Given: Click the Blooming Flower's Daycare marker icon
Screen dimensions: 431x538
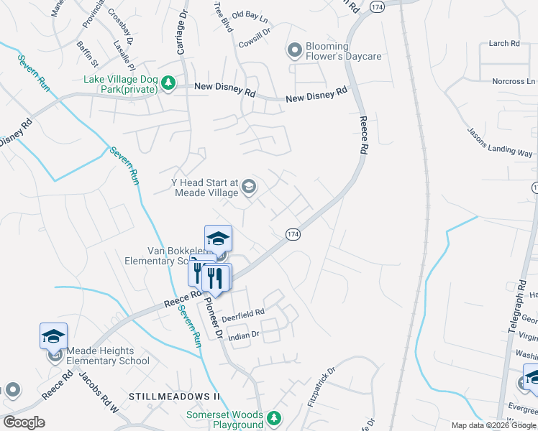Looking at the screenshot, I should click(293, 50).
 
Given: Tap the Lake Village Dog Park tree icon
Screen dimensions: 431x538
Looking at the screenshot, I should click(168, 84).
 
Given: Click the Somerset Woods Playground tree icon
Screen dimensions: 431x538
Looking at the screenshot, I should click(273, 418).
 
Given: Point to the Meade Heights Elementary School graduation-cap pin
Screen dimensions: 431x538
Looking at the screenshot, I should click(54, 336).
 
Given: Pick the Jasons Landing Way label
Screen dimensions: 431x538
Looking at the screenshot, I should click(500, 143).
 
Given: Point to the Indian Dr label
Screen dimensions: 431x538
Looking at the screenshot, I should click(242, 335).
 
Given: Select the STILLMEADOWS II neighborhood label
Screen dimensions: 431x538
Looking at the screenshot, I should click(173, 397).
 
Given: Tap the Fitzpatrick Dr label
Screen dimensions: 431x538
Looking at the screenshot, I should click(322, 389).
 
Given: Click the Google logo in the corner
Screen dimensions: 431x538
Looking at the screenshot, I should click(24, 422).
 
